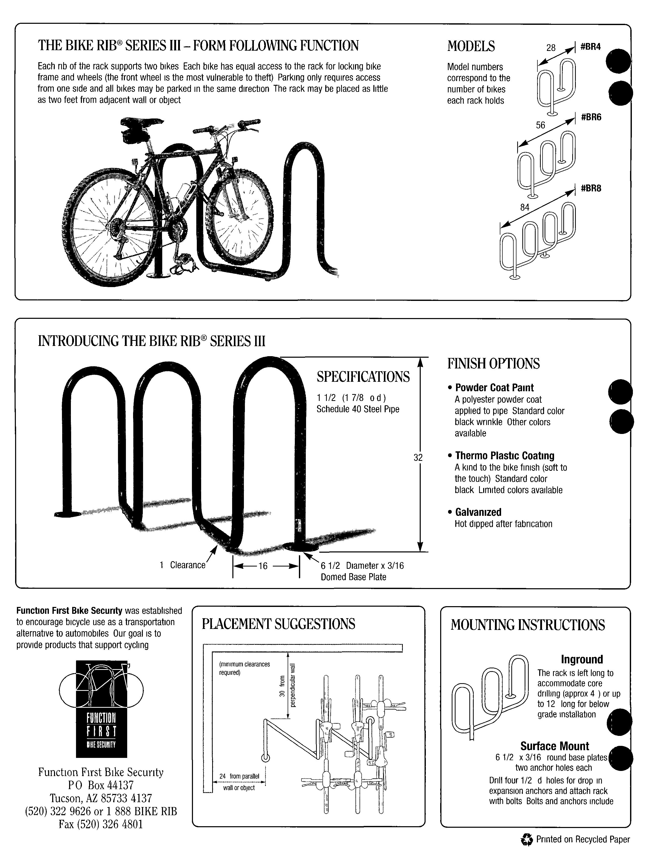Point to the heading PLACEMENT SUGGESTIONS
point(278,624)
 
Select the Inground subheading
point(582,659)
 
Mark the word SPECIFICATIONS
point(363,377)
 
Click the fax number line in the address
point(101,824)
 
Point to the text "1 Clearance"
point(183,565)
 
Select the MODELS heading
point(471,46)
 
